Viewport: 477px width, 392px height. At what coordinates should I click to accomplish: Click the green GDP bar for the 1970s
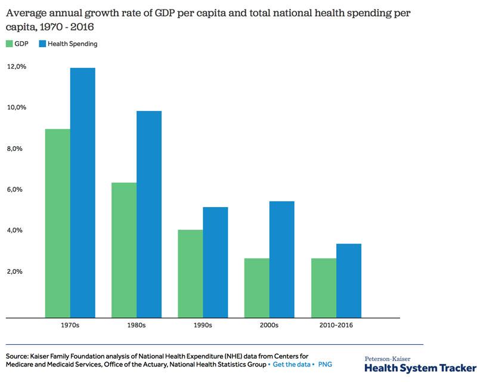point(58,223)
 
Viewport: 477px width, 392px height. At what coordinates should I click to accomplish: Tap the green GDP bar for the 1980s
point(124,250)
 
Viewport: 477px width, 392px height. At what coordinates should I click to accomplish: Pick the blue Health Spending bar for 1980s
point(149,214)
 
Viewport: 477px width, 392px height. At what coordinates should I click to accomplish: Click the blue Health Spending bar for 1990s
point(215,263)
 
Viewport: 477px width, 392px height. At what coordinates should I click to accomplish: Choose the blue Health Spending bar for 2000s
point(282,260)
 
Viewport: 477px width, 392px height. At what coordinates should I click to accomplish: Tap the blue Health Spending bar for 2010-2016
point(349,280)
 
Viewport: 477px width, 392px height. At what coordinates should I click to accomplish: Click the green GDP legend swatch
point(10,44)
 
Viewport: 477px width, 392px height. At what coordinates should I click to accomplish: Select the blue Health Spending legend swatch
point(42,44)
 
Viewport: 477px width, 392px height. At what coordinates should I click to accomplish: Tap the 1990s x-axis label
point(203,326)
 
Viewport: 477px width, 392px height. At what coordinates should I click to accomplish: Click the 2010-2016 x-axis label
point(336,326)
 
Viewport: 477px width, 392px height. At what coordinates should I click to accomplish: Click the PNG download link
point(326,364)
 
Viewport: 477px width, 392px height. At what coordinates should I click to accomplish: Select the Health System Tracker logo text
point(420,368)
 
